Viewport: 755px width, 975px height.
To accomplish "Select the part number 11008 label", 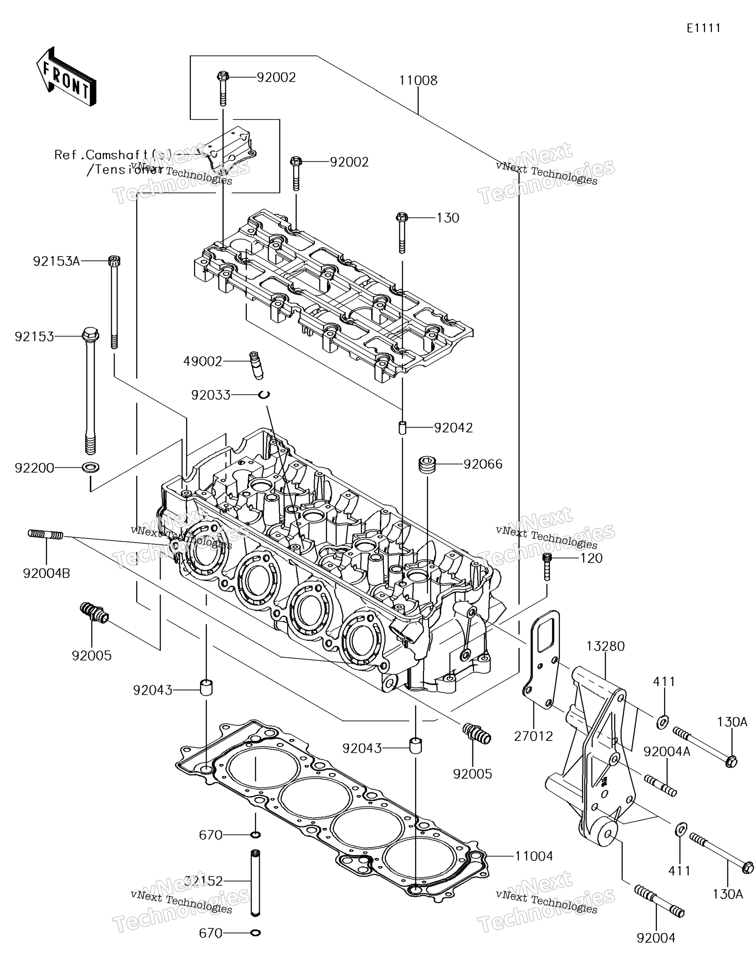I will [x=418, y=80].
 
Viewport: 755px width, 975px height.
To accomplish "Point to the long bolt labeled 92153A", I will [x=114, y=304].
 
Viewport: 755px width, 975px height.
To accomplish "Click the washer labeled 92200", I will [x=91, y=467].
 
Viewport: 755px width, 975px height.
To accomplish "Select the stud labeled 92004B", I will [x=46, y=534].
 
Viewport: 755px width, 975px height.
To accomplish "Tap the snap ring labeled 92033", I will [x=264, y=394].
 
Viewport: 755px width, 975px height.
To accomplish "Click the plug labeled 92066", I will [x=428, y=464].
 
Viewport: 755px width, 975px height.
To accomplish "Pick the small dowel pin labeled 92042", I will [x=402, y=427].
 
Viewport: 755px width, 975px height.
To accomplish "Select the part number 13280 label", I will [x=605, y=646].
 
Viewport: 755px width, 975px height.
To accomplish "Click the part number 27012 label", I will [x=533, y=736].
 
